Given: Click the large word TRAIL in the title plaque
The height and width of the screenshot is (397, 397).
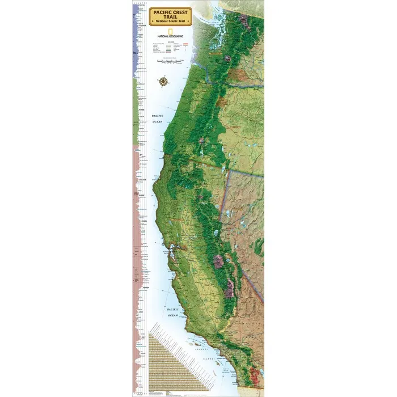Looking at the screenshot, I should coord(171,17).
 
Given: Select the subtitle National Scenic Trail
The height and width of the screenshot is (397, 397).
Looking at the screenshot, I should coord(171,23).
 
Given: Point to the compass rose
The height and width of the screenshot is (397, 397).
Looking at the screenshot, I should coord(164,82).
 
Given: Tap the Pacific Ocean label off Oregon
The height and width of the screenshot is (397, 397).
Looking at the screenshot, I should coord(157,117).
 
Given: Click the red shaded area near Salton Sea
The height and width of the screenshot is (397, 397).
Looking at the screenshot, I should coord(257,374).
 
